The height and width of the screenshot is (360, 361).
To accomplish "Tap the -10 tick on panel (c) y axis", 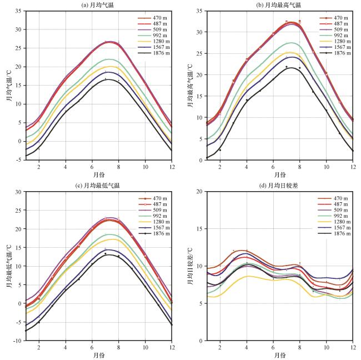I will click(x=18, y=340).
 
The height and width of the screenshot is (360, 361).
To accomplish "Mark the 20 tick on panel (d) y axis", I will click(x=200, y=192).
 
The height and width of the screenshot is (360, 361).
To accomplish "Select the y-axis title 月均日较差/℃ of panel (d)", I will click(x=190, y=266).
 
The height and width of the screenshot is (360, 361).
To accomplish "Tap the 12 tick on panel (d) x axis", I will click(x=353, y=347).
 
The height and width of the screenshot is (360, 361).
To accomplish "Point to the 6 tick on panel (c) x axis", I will click(x=92, y=347).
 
